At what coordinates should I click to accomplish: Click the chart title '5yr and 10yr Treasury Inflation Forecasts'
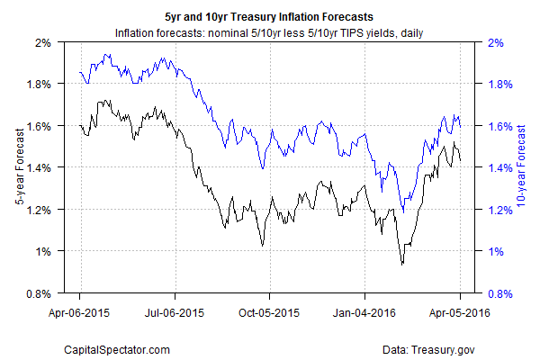pos(269,16)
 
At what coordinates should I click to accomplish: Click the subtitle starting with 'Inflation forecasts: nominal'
pos(269,33)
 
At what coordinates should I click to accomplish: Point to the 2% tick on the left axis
pos(43,42)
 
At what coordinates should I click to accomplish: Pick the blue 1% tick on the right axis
pos(495,251)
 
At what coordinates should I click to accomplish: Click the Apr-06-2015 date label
pos(79,314)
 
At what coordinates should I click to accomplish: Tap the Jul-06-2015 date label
pos(175,314)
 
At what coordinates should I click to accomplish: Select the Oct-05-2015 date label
pos(269,314)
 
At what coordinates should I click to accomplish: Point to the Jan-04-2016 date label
pos(364,314)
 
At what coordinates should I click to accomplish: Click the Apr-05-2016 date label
pos(460,314)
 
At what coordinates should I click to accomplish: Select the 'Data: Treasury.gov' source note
pos(436,346)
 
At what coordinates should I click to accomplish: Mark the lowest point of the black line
pos(402,264)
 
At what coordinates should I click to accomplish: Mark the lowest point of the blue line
pos(402,212)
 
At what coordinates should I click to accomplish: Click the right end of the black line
pos(461,160)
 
